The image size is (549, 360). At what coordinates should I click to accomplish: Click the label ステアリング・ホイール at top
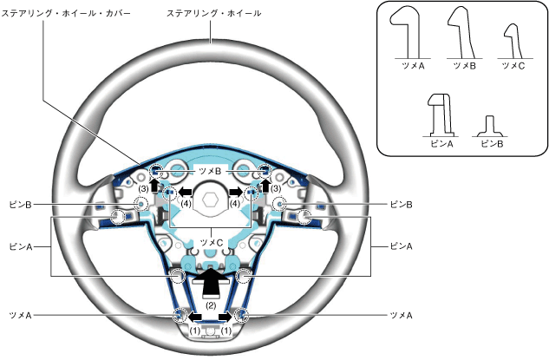tap(213, 14)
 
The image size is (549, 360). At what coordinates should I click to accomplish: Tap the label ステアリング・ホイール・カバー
tap(66, 14)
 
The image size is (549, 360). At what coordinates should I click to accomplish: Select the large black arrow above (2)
tap(211, 279)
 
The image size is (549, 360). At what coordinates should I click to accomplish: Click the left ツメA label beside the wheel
tap(18, 315)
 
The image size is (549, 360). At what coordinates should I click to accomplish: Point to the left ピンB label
tap(18, 205)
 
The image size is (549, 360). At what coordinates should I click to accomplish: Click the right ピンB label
tap(401, 205)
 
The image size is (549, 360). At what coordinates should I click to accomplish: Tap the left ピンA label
tap(18, 246)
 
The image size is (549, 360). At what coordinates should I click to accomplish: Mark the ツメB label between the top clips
tap(211, 172)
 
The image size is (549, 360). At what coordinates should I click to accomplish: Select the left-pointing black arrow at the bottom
tap(196, 316)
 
